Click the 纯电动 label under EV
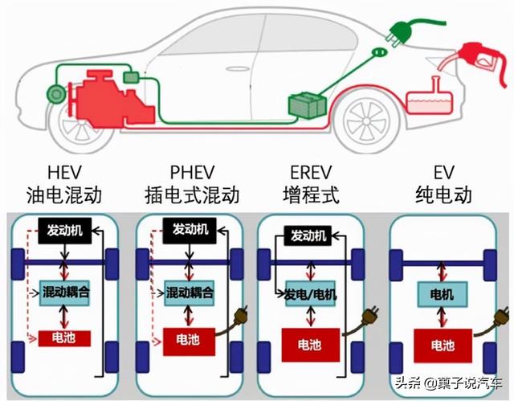[443, 194]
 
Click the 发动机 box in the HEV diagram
[64, 230]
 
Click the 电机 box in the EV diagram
[442, 295]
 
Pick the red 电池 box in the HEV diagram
[63, 338]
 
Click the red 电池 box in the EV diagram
[442, 346]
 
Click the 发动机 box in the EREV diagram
[308, 235]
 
